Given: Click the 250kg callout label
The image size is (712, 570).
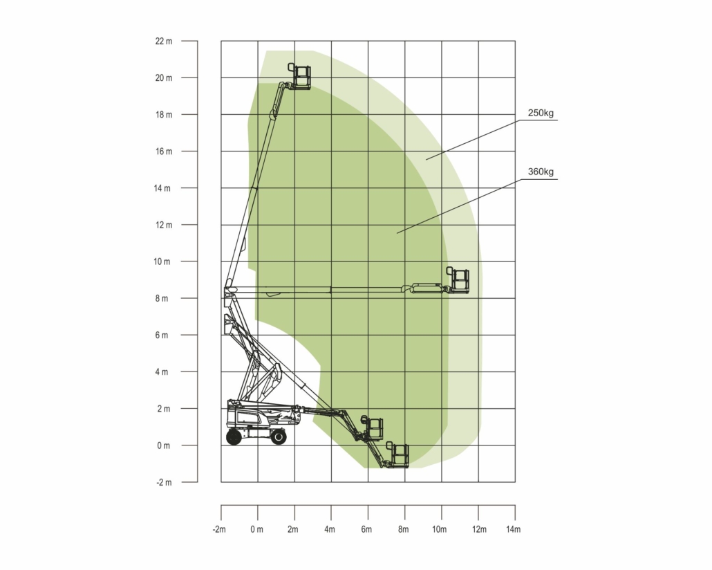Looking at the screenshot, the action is pyautogui.click(x=541, y=113).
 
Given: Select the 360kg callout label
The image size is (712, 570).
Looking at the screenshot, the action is pyautogui.click(x=541, y=172).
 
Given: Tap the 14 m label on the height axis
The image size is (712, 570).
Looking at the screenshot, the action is pyautogui.click(x=162, y=188).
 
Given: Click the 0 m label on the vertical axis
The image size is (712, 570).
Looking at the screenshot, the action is pyautogui.click(x=163, y=445).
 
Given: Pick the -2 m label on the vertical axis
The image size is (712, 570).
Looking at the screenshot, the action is pyautogui.click(x=164, y=482).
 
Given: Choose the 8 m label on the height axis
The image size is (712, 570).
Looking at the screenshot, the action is pyautogui.click(x=162, y=299).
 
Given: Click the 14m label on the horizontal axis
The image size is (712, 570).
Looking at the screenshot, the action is pyautogui.click(x=513, y=529).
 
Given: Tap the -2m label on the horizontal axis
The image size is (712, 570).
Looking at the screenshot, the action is pyautogui.click(x=219, y=529).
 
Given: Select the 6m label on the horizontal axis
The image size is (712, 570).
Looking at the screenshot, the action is pyautogui.click(x=366, y=529).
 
